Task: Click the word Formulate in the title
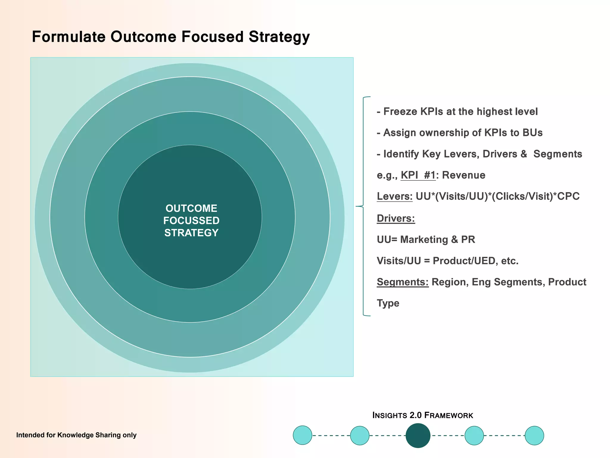coord(69,37)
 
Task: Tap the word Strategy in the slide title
coord(279,37)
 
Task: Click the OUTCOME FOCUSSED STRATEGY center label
coord(191,220)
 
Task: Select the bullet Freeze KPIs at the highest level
coord(457,112)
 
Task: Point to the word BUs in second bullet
coord(533,133)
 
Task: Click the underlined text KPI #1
coord(418,175)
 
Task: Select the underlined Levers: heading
coord(394,196)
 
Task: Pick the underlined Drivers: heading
coord(396,218)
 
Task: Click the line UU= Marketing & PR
coord(426,239)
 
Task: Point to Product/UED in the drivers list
coord(464,261)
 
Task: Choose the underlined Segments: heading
coord(402,282)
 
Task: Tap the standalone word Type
coord(388,303)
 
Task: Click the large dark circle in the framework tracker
coord(418,435)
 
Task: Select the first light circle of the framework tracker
coord(302,435)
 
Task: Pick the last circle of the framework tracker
coord(534,435)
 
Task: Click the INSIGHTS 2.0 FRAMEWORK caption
coord(423,415)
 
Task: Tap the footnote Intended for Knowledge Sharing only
coord(76,435)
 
